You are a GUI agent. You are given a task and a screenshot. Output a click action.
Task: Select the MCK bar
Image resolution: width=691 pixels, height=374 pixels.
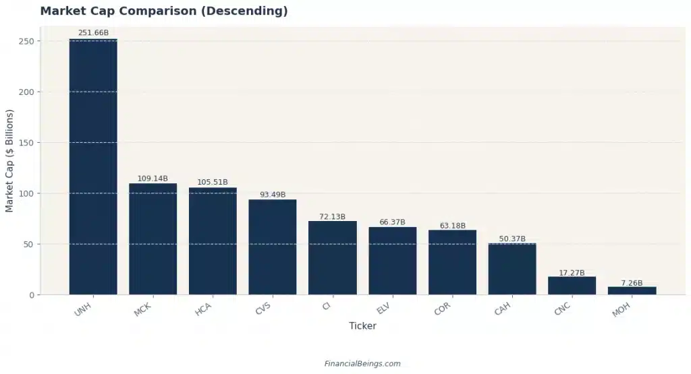[153, 239]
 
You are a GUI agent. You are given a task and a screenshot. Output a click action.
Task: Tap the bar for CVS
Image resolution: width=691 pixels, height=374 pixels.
[273, 247]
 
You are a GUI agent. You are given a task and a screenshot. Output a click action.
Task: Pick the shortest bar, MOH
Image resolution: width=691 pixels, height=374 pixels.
[632, 290]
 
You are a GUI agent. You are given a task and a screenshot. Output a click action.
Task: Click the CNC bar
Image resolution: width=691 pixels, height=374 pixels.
[572, 286]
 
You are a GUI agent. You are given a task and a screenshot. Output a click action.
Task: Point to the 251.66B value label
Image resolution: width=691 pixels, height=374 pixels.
[93, 32]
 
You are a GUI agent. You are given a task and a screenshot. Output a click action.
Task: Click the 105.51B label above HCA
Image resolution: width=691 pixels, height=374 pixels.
[213, 182]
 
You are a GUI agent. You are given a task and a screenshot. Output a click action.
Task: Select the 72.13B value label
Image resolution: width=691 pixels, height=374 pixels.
[332, 216]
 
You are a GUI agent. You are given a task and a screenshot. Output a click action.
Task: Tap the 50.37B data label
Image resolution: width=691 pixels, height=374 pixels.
[512, 239]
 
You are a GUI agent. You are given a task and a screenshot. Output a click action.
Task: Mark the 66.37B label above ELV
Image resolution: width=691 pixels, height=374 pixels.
[392, 222]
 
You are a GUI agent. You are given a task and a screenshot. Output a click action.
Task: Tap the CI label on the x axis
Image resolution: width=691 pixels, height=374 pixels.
[327, 307]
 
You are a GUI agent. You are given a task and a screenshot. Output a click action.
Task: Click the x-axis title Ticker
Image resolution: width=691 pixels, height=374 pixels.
[362, 326]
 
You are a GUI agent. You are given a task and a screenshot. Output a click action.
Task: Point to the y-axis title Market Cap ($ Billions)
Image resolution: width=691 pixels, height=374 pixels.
[9, 161]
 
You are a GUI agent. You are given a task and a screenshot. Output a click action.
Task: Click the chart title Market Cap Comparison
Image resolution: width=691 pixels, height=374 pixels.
[164, 11]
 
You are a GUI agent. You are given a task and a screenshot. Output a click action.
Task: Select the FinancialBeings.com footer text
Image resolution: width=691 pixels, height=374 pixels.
[362, 363]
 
